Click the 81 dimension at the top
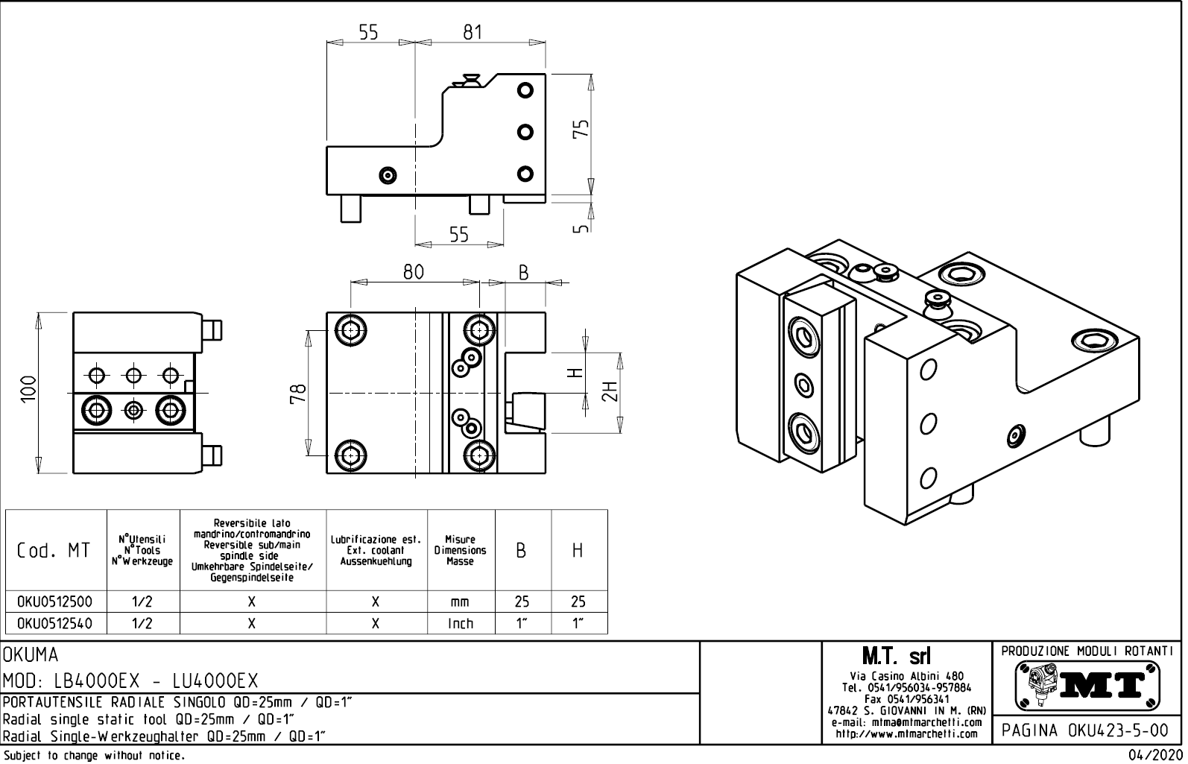[x=473, y=32]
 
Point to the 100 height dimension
[x=29, y=388]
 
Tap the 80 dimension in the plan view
[x=414, y=272]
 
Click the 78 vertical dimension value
[x=297, y=393]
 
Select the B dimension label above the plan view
[x=524, y=274]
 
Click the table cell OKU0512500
[x=55, y=602]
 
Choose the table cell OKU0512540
[x=55, y=623]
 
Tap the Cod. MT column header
[x=54, y=551]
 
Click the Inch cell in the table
[x=460, y=623]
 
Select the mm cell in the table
[x=460, y=602]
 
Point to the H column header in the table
[x=578, y=551]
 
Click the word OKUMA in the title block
[x=31, y=655]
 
